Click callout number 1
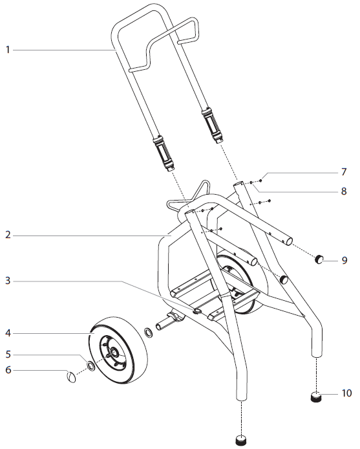tap(7, 49)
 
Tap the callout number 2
tap(7, 236)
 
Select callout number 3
tap(7, 281)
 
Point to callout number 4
tap(7, 334)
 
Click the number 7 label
tap(344, 173)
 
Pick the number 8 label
tap(344, 192)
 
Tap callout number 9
tap(344, 261)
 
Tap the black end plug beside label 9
tap(319, 261)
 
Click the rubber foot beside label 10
tap(317, 397)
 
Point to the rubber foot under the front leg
tap(241, 441)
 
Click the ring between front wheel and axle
tap(148, 333)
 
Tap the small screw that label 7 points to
tap(260, 181)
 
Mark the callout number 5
tap(7, 354)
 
